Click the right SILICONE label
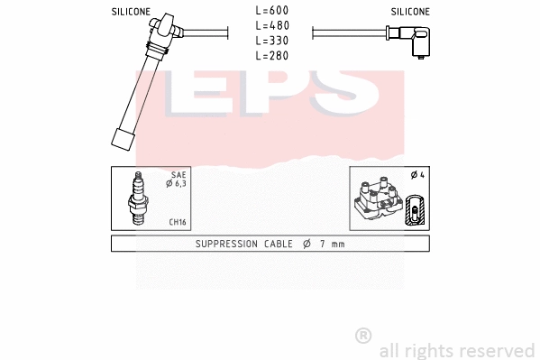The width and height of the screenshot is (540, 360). coord(410,12)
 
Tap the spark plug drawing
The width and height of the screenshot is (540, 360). coord(138,199)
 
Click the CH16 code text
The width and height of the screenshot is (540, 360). coord(177,223)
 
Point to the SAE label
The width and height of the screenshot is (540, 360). coord(178,175)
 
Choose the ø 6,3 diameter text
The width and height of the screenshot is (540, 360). coord(176,184)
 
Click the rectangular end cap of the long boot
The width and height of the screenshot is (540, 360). coord(123,140)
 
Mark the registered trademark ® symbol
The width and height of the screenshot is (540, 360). coord(363,336)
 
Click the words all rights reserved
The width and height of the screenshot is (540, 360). coord(457,350)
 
